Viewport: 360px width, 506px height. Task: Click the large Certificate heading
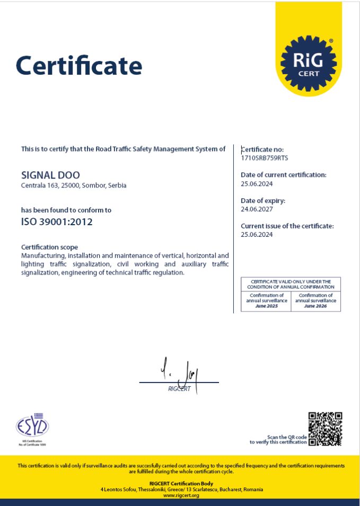[x=79, y=66]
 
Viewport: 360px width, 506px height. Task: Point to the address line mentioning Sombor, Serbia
[x=74, y=185]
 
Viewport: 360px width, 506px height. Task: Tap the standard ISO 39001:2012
[x=57, y=222]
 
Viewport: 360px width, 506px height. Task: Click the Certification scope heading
[x=49, y=247]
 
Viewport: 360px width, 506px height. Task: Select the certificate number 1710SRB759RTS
[x=265, y=158]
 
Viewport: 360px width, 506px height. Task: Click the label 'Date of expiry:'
[x=263, y=201]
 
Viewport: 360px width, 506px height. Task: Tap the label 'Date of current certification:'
[x=284, y=174]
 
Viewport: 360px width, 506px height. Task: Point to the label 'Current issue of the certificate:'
[x=287, y=226]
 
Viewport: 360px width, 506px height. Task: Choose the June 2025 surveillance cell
[x=266, y=301]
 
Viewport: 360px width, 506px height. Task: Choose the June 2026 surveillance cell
[x=316, y=301]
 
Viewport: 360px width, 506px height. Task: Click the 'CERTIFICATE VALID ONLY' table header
[x=291, y=284]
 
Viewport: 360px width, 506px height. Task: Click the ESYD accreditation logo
[x=32, y=426]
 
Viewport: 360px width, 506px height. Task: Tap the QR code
[x=325, y=428]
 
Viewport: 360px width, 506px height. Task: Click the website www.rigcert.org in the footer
[x=181, y=495]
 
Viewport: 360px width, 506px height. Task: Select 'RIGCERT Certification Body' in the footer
[x=181, y=483]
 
